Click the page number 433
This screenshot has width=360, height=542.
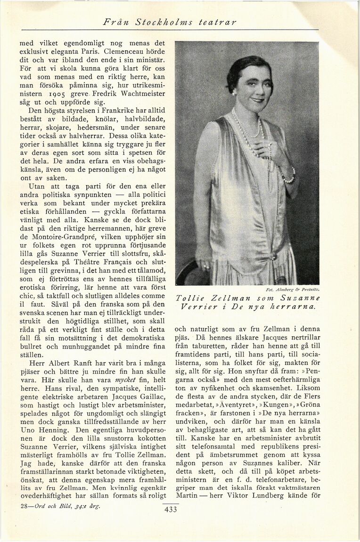(x=170, y=510)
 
